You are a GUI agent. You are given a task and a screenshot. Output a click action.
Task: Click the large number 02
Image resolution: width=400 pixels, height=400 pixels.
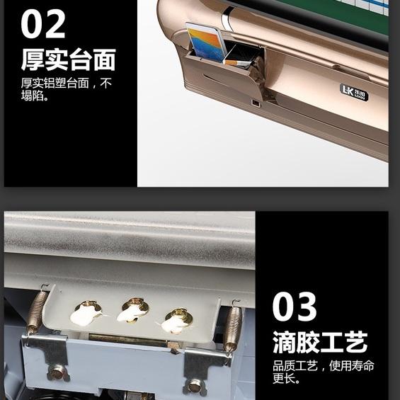tap(43, 24)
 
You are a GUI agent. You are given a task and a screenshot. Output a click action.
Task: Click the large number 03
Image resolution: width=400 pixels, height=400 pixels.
tap(295, 307)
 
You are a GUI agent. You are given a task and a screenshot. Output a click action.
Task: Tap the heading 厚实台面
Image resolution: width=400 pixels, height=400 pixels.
tap(69, 59)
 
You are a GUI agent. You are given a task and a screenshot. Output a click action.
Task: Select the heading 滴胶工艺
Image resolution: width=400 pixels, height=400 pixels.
tap(320, 342)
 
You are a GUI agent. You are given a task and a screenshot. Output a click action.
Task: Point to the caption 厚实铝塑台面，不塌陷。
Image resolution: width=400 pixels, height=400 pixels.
tap(67, 89)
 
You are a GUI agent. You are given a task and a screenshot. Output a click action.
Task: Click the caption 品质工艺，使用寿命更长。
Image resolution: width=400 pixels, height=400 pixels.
tap(324, 372)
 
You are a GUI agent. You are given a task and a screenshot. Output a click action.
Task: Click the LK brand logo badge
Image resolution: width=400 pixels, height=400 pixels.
tap(354, 92)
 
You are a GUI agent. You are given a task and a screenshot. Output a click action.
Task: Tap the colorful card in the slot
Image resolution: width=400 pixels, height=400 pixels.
tap(206, 42)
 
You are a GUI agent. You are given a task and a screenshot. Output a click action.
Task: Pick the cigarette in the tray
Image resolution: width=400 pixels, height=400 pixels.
tap(237, 63)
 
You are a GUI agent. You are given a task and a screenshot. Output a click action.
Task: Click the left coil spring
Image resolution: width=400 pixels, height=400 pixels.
tap(38, 309)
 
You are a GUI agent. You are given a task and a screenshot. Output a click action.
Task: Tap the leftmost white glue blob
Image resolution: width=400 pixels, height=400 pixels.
tap(86, 314)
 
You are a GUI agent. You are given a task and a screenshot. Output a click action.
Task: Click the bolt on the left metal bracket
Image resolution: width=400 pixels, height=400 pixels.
tap(58, 372)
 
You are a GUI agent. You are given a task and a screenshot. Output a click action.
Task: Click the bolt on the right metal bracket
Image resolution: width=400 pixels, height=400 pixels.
tap(195, 388)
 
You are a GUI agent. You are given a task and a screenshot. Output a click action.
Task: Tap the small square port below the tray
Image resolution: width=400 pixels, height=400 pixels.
tap(255, 103)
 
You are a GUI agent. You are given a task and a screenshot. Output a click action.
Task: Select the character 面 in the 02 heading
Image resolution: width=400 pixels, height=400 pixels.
tap(105, 59)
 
